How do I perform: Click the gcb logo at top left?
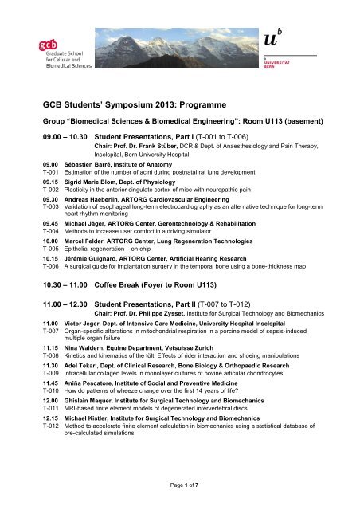[x=49, y=53]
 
